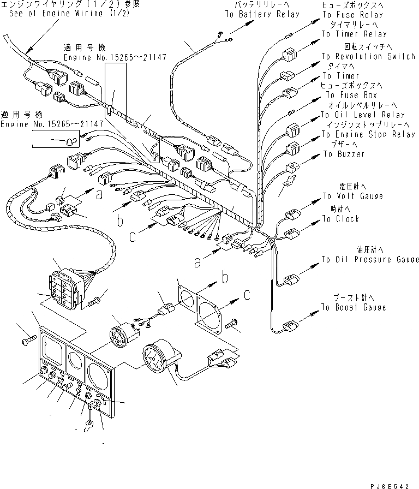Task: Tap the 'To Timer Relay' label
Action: pyautogui.click(x=354, y=34)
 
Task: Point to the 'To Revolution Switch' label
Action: pyautogui.click(x=368, y=56)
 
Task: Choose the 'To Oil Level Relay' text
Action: pyautogui.click(x=363, y=115)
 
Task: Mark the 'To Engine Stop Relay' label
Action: pyautogui.click(x=368, y=134)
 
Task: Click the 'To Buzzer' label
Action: pyautogui.click(x=344, y=154)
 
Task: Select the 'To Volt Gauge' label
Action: pyautogui.click(x=352, y=196)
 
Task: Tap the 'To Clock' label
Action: pyautogui.click(x=340, y=219)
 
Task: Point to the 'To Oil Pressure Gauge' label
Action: pyautogui.click(x=369, y=259)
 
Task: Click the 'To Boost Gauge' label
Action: pyautogui.click(x=354, y=307)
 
